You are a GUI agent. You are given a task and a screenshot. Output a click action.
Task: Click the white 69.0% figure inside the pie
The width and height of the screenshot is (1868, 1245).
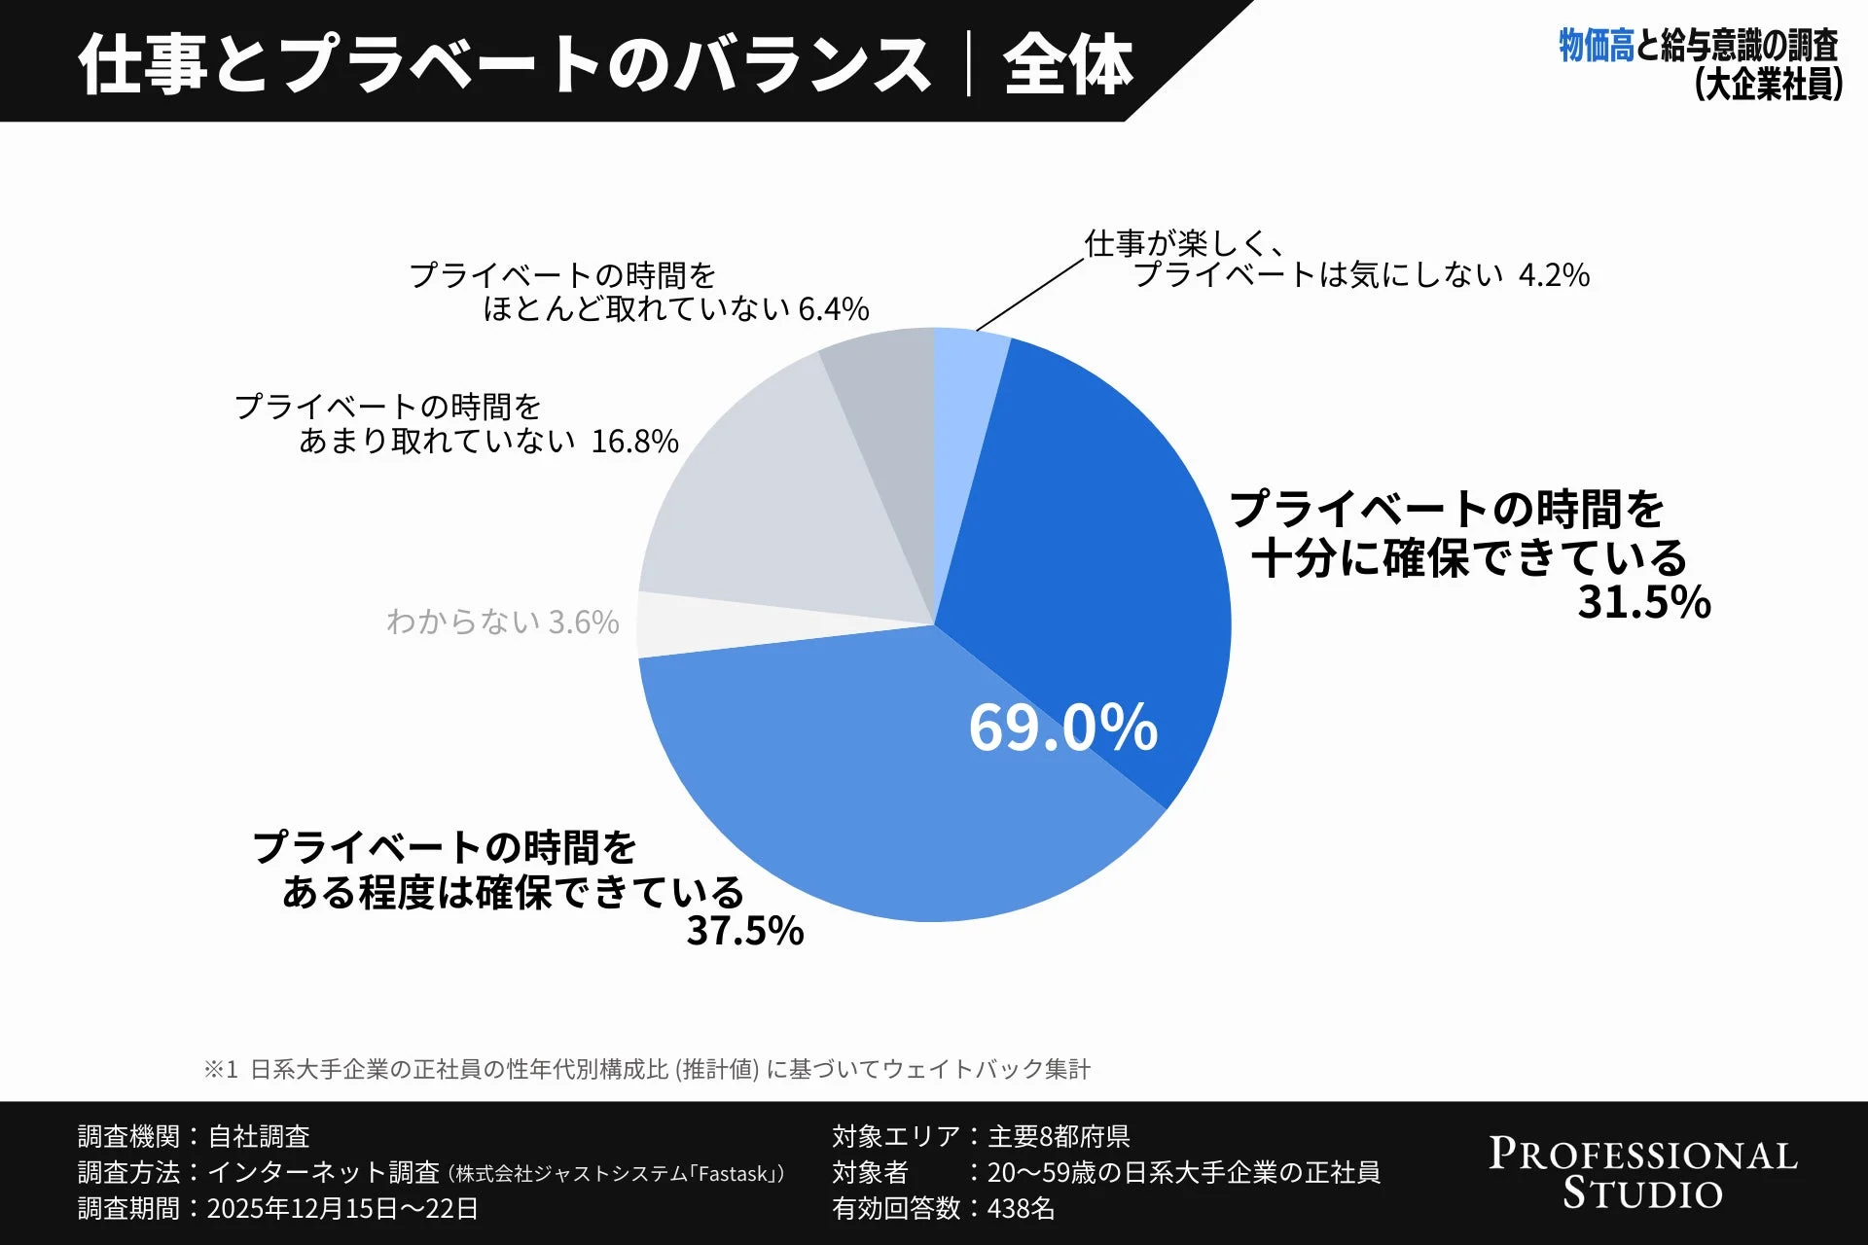[1062, 728]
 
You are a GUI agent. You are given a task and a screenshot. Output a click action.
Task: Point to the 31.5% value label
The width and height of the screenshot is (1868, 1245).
[1644, 602]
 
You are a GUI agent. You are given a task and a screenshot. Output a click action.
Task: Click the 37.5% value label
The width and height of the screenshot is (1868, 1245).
[745, 931]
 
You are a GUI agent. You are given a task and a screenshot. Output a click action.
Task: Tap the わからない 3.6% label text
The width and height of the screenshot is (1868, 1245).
[502, 622]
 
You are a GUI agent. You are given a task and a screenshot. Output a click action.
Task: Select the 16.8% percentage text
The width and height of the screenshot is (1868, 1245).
[634, 442]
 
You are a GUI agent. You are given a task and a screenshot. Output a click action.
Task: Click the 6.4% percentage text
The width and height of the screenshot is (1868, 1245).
[833, 309]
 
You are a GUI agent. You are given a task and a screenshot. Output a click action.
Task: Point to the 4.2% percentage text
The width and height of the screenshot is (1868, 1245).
[1554, 275]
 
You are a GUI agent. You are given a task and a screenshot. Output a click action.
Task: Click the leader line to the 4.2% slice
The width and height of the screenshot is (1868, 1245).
[1029, 296]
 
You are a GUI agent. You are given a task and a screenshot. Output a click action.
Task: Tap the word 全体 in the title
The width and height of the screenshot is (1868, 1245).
[1068, 65]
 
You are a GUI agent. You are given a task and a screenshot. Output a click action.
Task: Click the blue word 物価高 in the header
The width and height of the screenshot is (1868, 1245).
[1597, 46]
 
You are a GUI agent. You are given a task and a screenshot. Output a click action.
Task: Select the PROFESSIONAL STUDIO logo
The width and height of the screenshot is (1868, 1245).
[1643, 1173]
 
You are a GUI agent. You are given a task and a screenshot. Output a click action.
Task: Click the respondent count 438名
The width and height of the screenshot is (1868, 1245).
[1021, 1209]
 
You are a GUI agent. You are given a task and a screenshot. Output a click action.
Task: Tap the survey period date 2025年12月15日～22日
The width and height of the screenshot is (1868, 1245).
[342, 1209]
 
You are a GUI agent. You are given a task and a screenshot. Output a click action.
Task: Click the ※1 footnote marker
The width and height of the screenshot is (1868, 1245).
[220, 1070]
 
